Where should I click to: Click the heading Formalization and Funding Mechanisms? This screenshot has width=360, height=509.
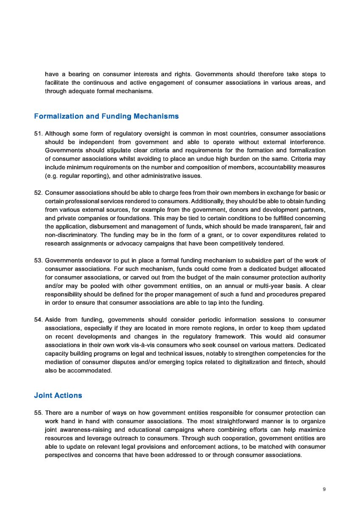106,116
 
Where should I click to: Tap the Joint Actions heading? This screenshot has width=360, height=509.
58,395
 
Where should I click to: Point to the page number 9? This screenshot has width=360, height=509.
324,489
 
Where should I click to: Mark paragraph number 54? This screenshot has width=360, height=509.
38,319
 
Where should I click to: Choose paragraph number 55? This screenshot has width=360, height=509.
38,413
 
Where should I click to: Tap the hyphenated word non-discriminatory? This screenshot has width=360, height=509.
71,235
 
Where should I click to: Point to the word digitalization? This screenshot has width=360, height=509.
257,362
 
